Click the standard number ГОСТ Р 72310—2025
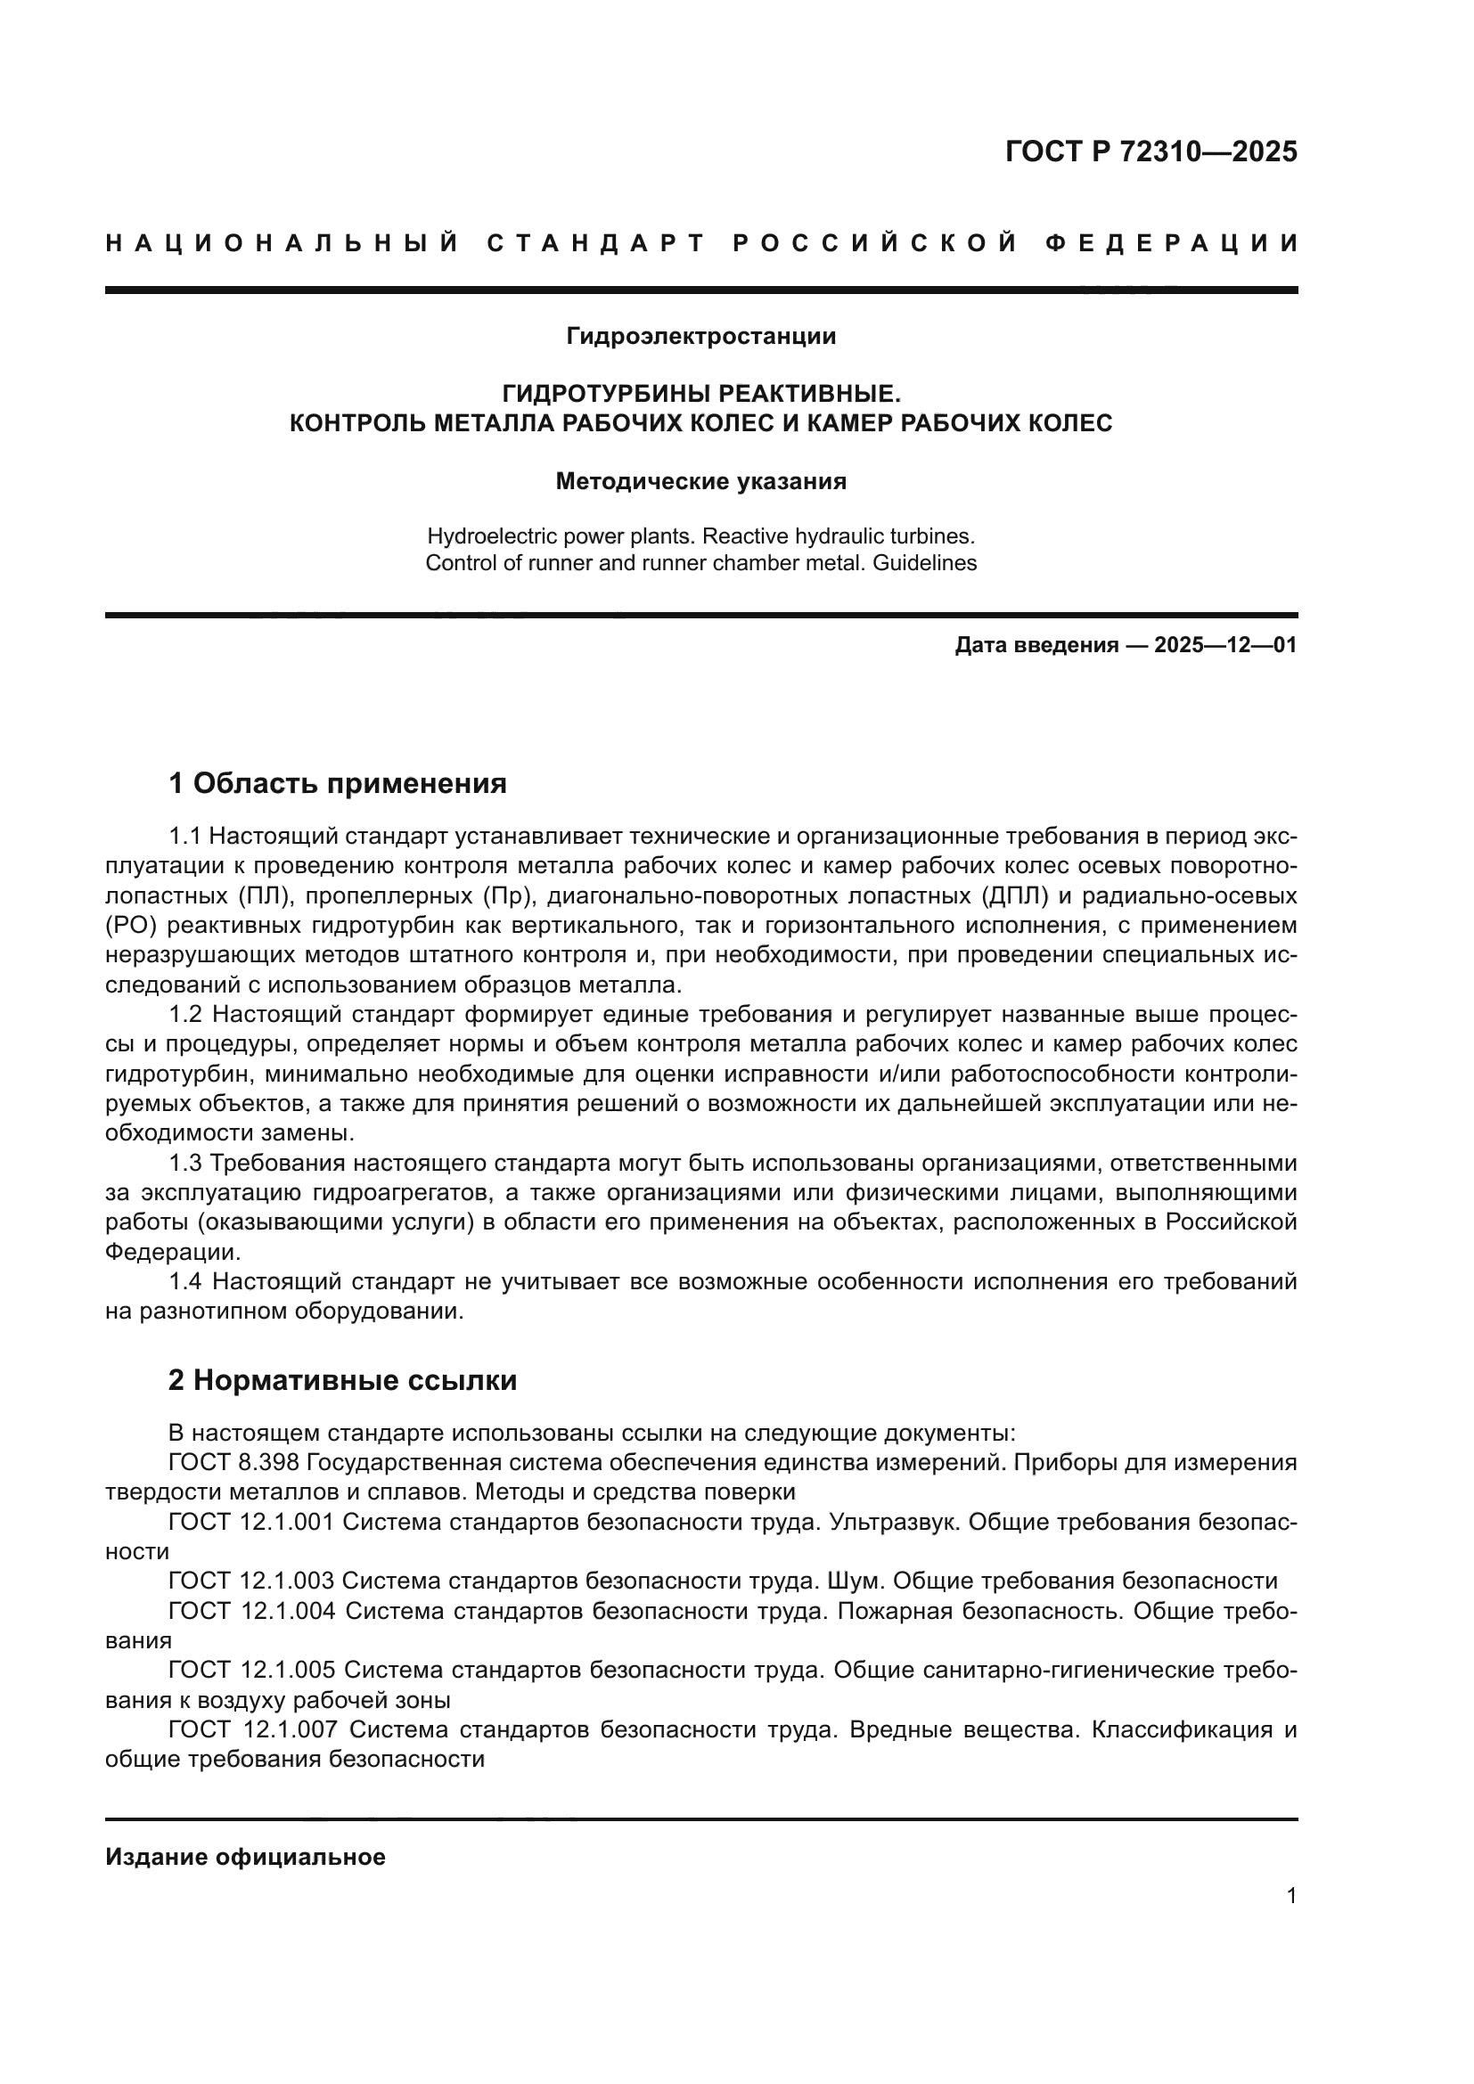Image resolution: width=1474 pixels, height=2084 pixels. tap(1151, 151)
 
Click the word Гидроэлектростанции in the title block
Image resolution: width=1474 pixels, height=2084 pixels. tap(700, 337)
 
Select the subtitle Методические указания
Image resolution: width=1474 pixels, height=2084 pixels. tap(700, 481)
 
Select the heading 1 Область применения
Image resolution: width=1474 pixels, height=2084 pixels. tap(338, 782)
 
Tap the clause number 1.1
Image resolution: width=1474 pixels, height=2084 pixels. tap(188, 836)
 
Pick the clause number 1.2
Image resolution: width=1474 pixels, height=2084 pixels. tap(188, 1014)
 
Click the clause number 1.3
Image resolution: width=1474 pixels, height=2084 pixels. tap(188, 1163)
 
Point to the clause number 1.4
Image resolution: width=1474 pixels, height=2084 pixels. tap(188, 1281)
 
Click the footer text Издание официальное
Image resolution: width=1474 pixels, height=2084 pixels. tap(245, 1857)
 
